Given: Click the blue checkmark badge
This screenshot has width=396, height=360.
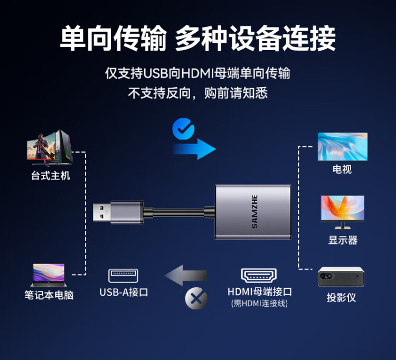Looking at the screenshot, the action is pyautogui.click(x=183, y=128).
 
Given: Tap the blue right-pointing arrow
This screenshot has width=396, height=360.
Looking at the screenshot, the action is pyautogui.click(x=194, y=149).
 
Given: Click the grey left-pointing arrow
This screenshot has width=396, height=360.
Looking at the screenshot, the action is pyautogui.click(x=186, y=276).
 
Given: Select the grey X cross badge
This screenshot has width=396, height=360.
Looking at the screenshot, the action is pyautogui.click(x=196, y=298).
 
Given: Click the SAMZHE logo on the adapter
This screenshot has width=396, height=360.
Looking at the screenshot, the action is pyautogui.click(x=254, y=212).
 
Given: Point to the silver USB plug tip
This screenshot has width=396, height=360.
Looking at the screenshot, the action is pyautogui.click(x=101, y=212).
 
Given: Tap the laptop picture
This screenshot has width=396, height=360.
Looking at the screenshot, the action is pyautogui.click(x=49, y=275).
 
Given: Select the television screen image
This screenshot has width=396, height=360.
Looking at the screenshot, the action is pyautogui.click(x=343, y=147).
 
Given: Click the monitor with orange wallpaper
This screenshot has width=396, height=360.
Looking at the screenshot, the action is pyautogui.click(x=343, y=212).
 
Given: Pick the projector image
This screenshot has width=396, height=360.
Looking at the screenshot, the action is pyautogui.click(x=341, y=277).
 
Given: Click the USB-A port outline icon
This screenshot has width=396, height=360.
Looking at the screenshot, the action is pyautogui.click(x=123, y=276).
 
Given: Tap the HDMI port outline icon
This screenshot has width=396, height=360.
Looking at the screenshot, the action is pyautogui.click(x=259, y=276).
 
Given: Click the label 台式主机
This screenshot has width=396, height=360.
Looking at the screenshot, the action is pyautogui.click(x=51, y=175).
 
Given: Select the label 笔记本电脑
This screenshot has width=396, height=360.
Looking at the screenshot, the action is pyautogui.click(x=49, y=295).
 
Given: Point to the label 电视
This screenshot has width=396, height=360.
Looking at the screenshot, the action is pyautogui.click(x=342, y=169).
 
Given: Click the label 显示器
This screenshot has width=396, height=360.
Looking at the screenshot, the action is pyautogui.click(x=343, y=240).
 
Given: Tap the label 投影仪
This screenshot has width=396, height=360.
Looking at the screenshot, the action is pyautogui.click(x=342, y=297).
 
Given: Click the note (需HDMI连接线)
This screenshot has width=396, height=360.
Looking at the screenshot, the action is pyautogui.click(x=259, y=303).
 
